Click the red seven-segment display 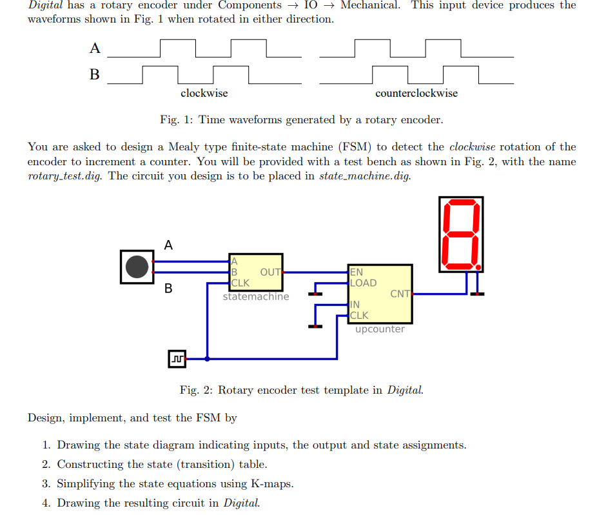pos(461,234)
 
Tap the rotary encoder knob pos(137,267)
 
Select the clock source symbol pos(177,358)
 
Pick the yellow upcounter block pos(380,294)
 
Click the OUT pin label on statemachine pos(270,272)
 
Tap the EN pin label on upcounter pos(357,272)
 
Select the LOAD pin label pos(363,283)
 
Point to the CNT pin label pos(400,294)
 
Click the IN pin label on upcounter pos(355,305)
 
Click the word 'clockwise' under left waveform pos(204,93)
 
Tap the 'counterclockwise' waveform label pos(416,93)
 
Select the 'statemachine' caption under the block pos(256,297)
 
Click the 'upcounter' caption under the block pos(380,329)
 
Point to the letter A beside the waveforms pos(95,49)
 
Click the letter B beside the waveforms pos(95,75)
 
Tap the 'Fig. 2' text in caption pos(195,390)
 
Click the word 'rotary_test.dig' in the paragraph pos(64,176)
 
